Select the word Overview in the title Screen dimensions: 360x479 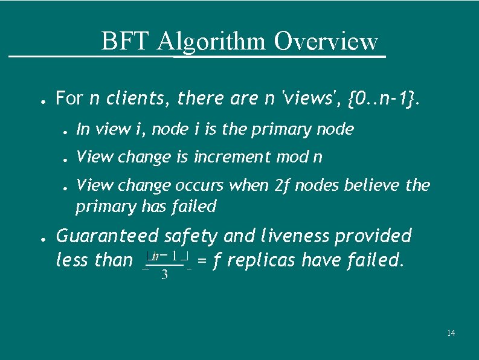(326, 42)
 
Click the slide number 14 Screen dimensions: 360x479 (451, 333)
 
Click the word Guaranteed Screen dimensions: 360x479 (107, 236)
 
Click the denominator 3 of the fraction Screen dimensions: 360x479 (164, 276)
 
